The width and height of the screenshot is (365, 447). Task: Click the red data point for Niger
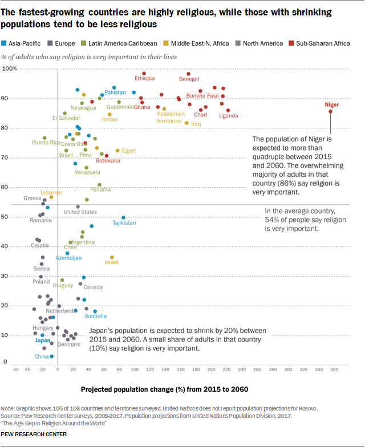[330, 112]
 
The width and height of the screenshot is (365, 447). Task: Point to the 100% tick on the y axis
[11, 69]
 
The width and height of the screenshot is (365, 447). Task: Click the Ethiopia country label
[144, 79]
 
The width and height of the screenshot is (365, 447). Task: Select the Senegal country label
[189, 79]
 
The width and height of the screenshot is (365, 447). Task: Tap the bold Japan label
[43, 340]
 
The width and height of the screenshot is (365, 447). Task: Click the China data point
[52, 356]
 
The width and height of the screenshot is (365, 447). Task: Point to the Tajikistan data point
[124, 217]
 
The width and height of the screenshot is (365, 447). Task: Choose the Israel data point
[112, 257]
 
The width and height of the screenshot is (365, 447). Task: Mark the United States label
[80, 212]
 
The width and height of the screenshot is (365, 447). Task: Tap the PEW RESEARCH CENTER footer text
[34, 434]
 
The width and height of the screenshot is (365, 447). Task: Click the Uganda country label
[229, 116]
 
